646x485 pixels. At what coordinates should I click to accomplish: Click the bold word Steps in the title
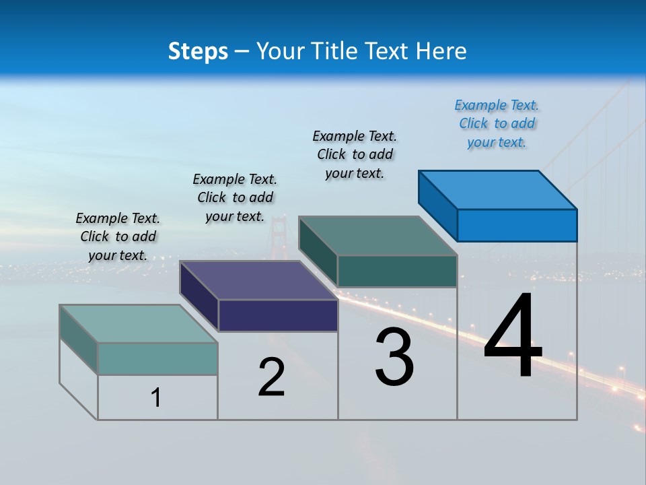pos(197,51)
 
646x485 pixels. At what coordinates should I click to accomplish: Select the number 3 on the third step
pos(394,357)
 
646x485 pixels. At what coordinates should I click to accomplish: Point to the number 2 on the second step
pos(271,377)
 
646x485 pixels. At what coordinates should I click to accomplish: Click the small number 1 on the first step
pos(156,397)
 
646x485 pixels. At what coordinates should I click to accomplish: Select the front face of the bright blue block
pos(517,225)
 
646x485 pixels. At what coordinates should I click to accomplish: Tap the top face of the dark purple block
pos(259,280)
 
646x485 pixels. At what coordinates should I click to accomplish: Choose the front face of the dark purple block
pos(278,315)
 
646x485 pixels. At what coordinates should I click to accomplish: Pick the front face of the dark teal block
pos(397,271)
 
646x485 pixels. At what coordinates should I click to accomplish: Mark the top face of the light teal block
pos(139,323)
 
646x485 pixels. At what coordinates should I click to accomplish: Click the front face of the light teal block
pos(157,358)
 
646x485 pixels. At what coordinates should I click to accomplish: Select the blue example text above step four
pos(497,124)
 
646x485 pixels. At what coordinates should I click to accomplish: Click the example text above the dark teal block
pos(355,154)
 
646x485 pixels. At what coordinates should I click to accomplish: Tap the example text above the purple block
pos(235,197)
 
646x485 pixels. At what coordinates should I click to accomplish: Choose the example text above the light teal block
pos(118,236)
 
